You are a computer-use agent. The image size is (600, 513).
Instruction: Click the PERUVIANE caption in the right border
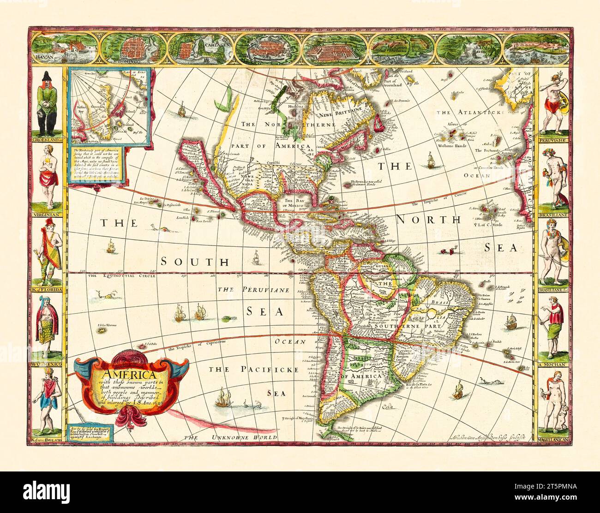(552, 139)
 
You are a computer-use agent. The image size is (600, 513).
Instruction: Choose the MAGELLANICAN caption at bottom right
(552, 441)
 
